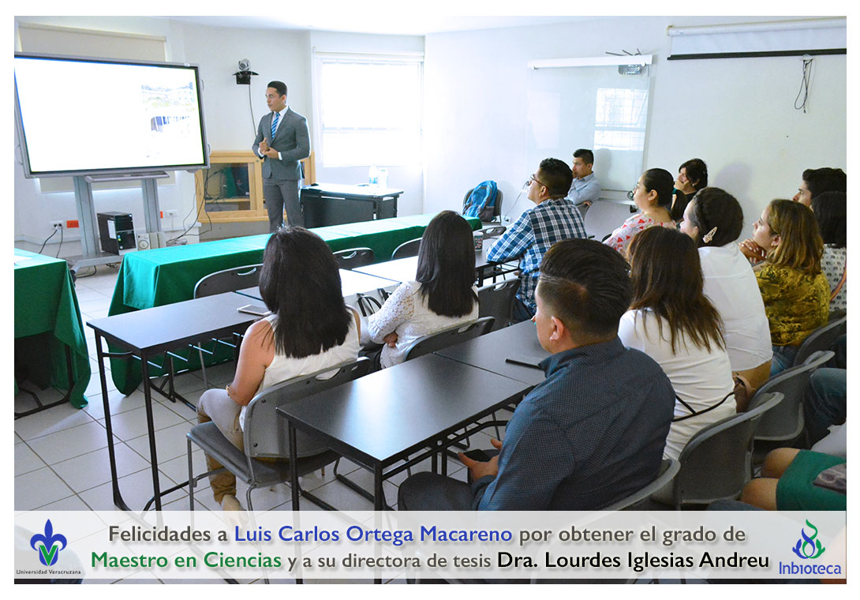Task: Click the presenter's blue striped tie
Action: coord(275,125)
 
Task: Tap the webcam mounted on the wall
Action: coord(245,71)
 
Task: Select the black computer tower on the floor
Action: coord(116,232)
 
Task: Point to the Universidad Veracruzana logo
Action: coord(48,547)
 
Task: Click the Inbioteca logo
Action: coord(809,548)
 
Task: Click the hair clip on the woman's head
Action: coord(710,234)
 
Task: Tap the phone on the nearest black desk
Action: coord(525,361)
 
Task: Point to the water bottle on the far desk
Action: coord(373,175)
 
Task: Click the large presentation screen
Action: coord(110,114)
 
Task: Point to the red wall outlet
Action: coord(73,224)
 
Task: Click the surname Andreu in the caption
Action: coord(735,561)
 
